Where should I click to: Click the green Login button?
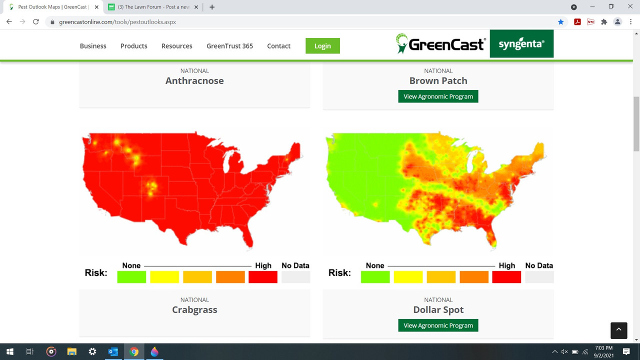322,46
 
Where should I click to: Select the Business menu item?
93,46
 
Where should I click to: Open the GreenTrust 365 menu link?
229,46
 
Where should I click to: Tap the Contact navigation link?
278,46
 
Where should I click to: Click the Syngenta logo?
521,44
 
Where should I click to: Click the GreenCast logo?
440,44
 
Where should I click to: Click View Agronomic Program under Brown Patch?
438,96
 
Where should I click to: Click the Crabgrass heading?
194,310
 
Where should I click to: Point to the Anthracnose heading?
194,81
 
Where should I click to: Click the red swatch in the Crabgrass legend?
262,277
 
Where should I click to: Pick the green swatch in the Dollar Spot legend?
375,277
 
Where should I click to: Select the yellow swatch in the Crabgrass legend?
164,277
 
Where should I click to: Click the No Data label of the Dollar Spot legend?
539,265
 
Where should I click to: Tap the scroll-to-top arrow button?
618,330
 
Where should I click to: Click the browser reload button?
36,22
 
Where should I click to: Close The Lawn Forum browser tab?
196,7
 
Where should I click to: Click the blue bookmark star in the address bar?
561,22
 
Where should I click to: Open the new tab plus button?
212,7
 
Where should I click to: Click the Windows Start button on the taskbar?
9,351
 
